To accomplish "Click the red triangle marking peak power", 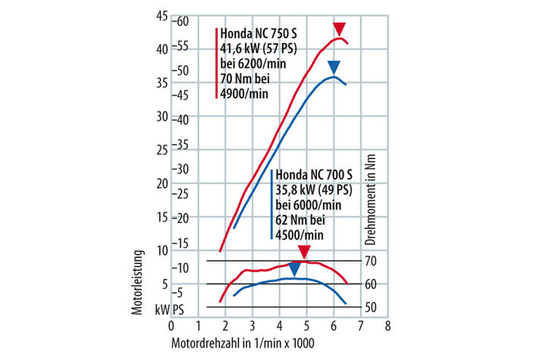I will click(x=340, y=29).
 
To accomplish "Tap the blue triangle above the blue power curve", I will click(x=334, y=66).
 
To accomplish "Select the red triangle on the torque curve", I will click(x=304, y=252).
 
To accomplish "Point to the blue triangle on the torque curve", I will click(x=294, y=268).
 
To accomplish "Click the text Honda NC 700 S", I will click(x=313, y=174).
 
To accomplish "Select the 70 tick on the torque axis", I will click(x=372, y=261).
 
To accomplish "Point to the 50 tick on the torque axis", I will click(x=372, y=307).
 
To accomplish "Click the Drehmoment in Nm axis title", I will click(x=372, y=204).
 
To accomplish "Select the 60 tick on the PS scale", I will click(x=179, y=21).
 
